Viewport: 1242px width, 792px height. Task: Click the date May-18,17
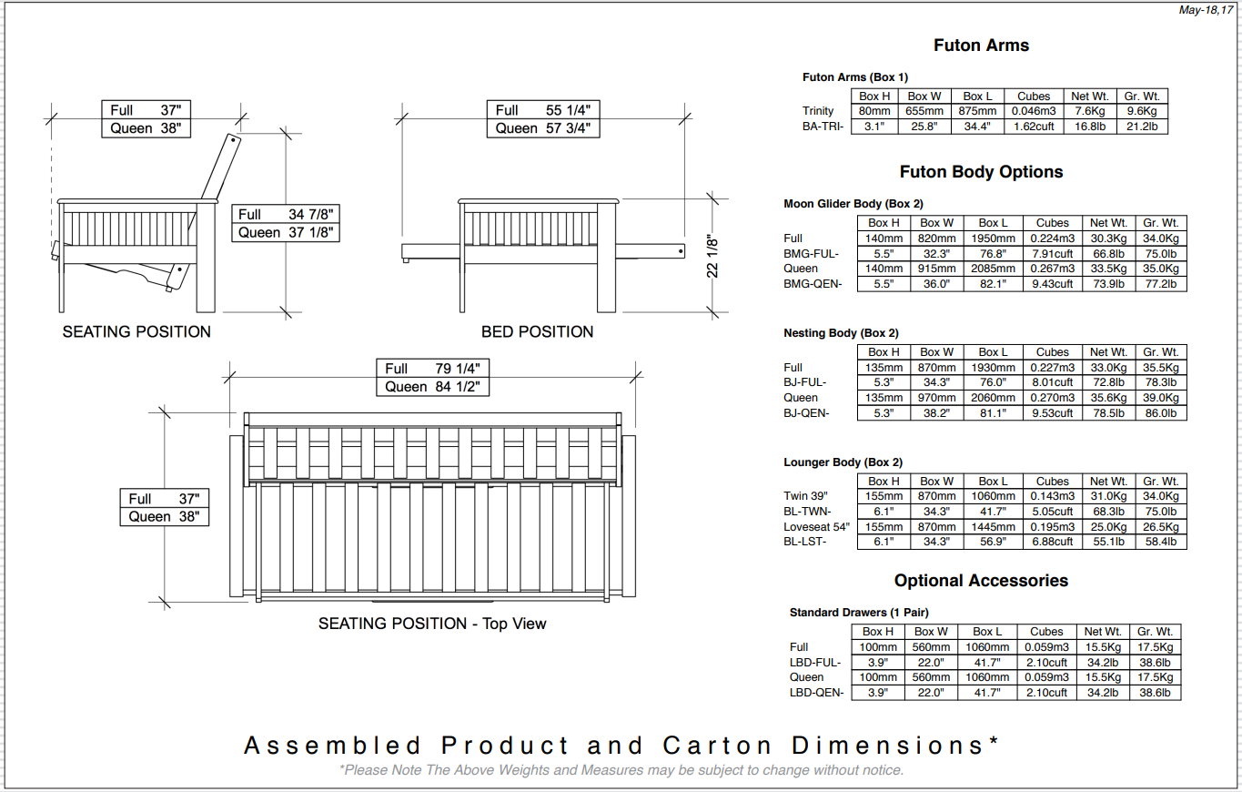click(x=1206, y=10)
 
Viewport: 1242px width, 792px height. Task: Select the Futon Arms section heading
click(x=981, y=46)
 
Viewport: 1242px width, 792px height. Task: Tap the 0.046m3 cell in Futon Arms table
click(x=1034, y=111)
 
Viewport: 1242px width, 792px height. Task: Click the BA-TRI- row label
click(x=823, y=127)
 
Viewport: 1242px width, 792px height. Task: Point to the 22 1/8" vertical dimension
click(x=712, y=258)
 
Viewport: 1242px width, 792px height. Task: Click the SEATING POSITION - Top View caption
click(x=432, y=624)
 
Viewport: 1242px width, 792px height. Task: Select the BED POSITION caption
click(x=537, y=332)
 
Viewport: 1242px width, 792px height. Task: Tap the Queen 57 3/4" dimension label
click(x=543, y=128)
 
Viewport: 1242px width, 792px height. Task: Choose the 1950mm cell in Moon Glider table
click(x=993, y=239)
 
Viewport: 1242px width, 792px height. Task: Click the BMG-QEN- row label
click(x=813, y=284)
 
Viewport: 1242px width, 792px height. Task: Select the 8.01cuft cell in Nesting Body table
click(x=1052, y=382)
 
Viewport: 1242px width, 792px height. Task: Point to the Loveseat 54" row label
click(x=816, y=526)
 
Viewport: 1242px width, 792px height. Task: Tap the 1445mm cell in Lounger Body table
click(x=993, y=526)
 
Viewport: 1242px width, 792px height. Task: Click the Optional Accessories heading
click(x=981, y=581)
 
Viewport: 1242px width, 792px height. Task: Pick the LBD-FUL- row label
click(x=815, y=663)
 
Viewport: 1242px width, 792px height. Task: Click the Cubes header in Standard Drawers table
click(x=1046, y=632)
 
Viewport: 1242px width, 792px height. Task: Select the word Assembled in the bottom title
click(x=333, y=746)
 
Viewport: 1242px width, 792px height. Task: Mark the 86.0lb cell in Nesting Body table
click(x=1161, y=413)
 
